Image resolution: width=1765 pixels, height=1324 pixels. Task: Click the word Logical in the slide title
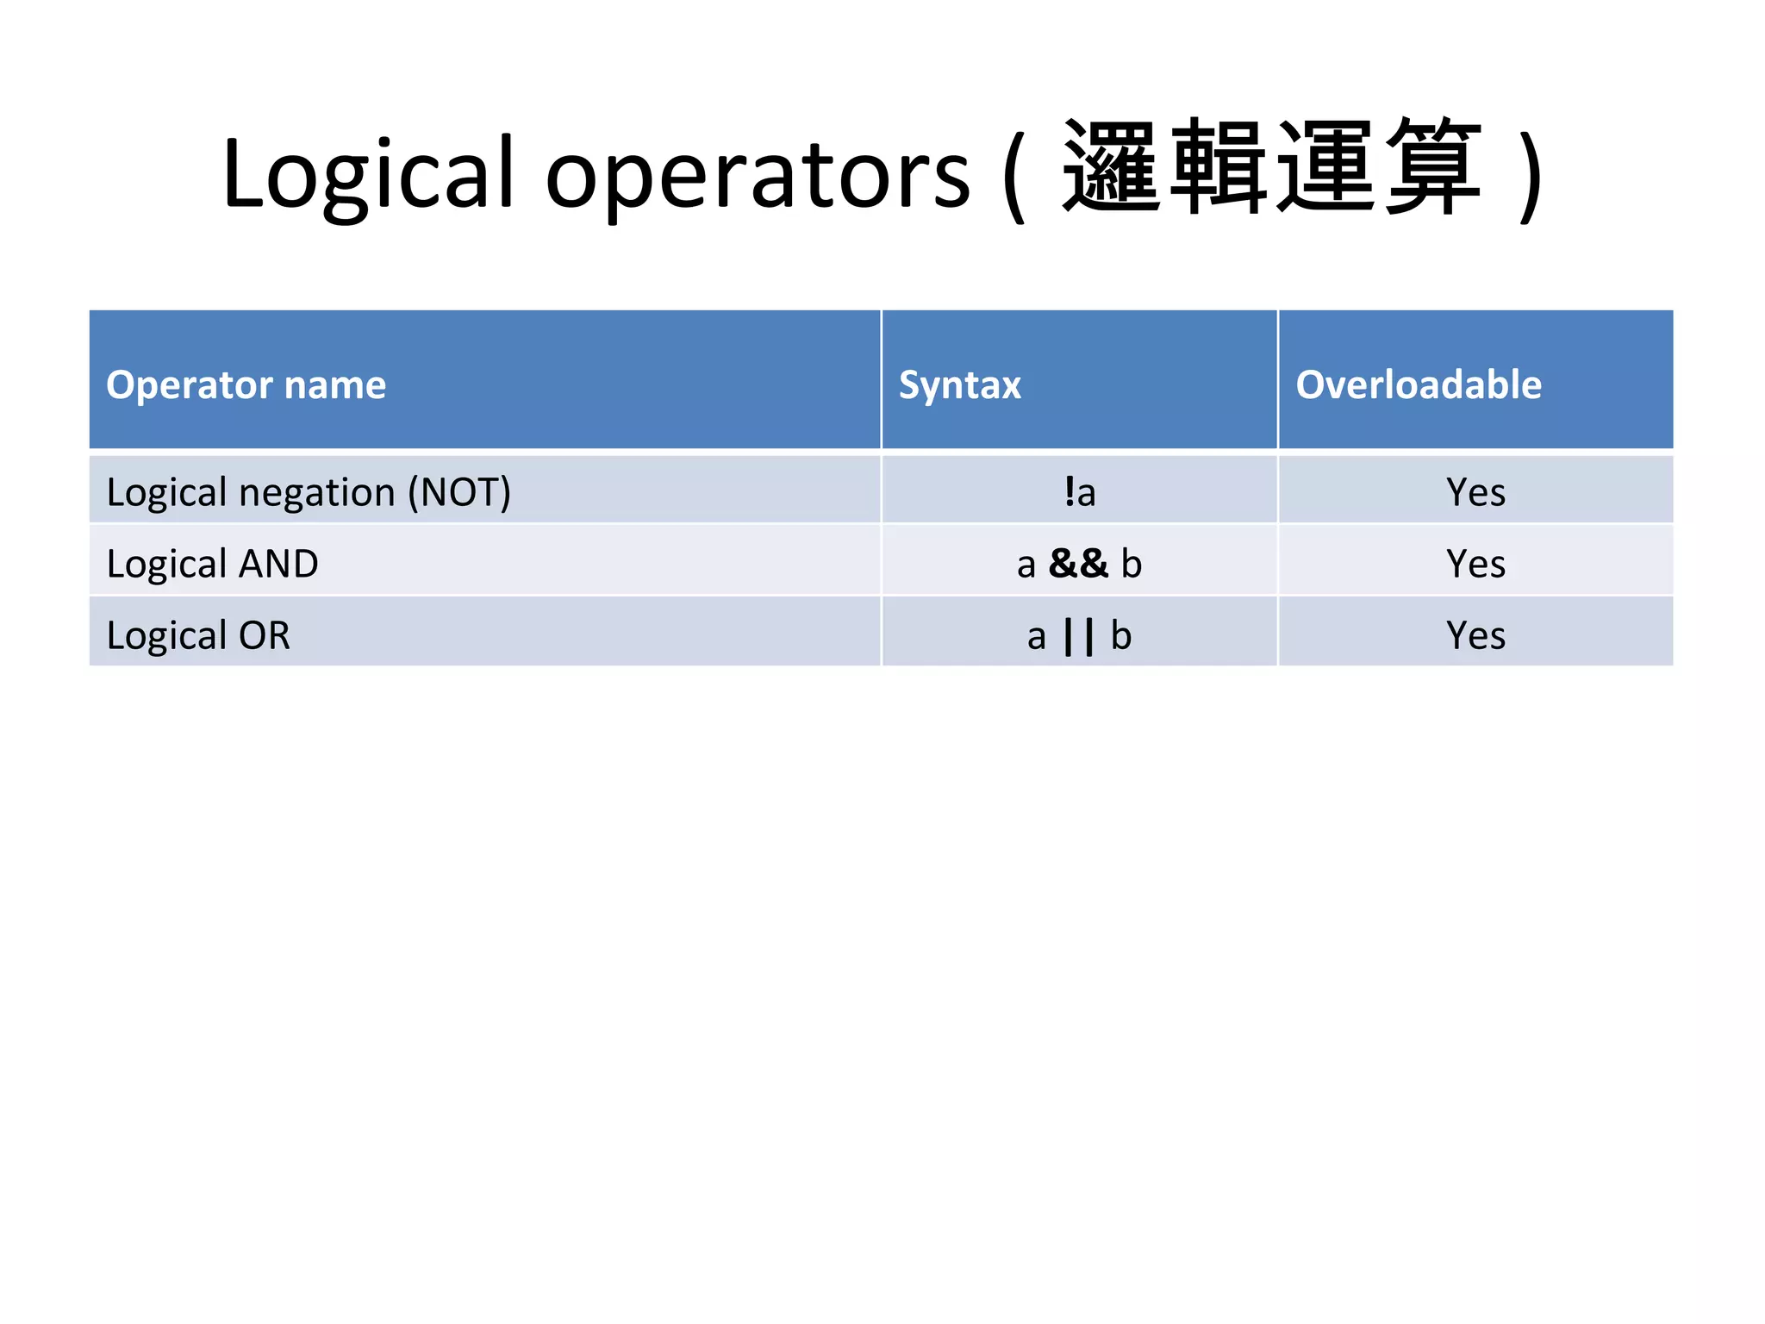tap(369, 176)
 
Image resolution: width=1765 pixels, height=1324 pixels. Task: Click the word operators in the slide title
tap(758, 176)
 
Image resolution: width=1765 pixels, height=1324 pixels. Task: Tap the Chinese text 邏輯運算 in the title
tap(1272, 167)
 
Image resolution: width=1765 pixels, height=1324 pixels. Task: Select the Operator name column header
tap(246, 384)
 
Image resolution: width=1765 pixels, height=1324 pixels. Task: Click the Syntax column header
tap(959, 384)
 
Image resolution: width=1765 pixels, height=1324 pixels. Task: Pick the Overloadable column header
tap(1419, 384)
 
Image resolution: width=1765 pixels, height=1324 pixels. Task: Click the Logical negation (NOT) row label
tap(309, 492)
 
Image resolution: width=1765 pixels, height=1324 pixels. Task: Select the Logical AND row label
tap(212, 564)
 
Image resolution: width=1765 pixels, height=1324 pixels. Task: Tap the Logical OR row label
tap(198, 635)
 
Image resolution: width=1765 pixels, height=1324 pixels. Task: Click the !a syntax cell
tap(1079, 492)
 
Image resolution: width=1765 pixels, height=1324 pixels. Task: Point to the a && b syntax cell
tap(1079, 564)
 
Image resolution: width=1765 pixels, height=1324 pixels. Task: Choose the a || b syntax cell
tap(1079, 636)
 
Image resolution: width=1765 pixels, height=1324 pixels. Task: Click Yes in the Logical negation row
tap(1475, 492)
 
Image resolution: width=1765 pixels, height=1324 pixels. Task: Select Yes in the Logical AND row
tap(1475, 564)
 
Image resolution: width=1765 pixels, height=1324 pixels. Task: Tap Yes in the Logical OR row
tap(1475, 635)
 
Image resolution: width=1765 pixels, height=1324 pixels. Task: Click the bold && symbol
tap(1078, 564)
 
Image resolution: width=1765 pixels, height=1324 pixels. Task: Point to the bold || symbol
tap(1078, 636)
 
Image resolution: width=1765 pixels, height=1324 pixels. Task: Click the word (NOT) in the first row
tap(459, 492)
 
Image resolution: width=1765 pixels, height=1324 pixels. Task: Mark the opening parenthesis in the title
tap(1014, 176)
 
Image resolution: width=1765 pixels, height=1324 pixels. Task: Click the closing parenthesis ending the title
tap(1531, 176)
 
